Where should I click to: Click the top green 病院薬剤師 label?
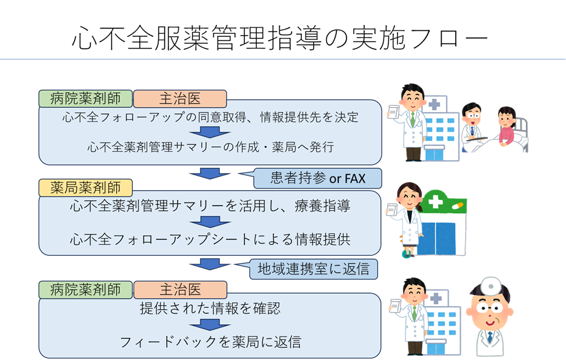pos(85,98)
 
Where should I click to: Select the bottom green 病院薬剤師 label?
pos(85,290)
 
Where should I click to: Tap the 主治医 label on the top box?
pos(179,98)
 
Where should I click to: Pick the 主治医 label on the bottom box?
pos(179,290)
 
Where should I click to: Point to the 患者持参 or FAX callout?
pos(317,178)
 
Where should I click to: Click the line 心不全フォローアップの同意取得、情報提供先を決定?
pos(210,117)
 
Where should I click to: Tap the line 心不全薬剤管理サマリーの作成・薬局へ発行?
pos(210,147)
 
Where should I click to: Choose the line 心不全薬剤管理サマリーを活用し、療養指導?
pos(210,206)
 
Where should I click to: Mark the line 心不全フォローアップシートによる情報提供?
pos(210,239)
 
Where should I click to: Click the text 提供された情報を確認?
pos(210,308)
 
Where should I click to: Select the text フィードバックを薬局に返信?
pos(210,342)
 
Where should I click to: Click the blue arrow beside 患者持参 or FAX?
pos(210,173)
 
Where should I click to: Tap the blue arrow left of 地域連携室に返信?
pos(210,264)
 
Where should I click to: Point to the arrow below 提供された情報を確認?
pos(210,324)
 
